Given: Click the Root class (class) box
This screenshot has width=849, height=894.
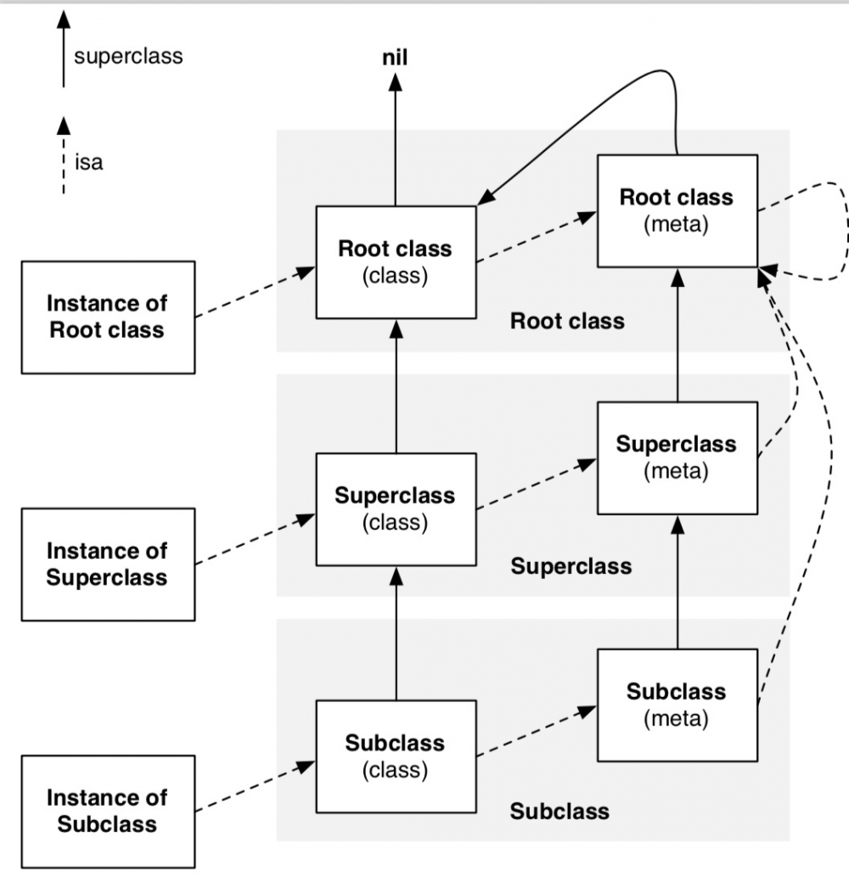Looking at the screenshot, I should (395, 261).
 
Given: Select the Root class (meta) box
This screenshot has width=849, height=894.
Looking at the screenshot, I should (676, 211).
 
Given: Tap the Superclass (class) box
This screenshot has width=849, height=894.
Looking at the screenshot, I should (395, 509).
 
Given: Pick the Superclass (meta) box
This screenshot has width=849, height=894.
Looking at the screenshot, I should (676, 458).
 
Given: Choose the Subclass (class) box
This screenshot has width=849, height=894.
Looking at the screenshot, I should (395, 756).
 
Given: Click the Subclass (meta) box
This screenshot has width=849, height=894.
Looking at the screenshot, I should (676, 705).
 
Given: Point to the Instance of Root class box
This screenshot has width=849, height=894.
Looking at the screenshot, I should (107, 317).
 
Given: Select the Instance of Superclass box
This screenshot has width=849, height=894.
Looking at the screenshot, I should (107, 564).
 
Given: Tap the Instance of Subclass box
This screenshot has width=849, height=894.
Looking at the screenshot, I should (107, 811).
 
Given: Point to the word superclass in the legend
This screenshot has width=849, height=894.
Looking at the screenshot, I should (128, 57).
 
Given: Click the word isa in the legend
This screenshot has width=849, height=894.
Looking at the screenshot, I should (88, 161).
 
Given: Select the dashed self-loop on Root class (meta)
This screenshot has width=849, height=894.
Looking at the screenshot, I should (843, 229).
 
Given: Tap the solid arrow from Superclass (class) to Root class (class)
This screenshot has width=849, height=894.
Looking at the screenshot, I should (395, 386).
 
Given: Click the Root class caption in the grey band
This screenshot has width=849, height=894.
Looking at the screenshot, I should (567, 321).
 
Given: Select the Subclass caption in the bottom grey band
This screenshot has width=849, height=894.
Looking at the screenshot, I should (559, 811).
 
